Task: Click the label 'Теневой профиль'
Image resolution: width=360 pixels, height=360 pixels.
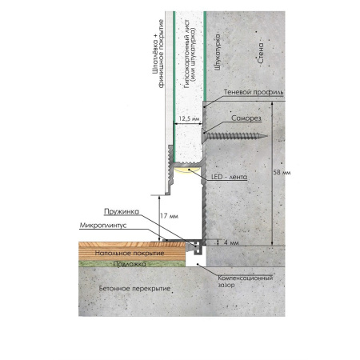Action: point(254,92)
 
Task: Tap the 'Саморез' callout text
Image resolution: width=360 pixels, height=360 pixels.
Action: point(246,118)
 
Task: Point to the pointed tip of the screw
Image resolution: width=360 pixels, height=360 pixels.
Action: point(266,136)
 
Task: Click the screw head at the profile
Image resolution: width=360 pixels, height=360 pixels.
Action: point(204,136)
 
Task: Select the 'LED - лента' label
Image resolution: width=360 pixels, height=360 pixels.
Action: point(229,177)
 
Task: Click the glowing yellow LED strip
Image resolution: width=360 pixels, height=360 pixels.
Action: point(187,170)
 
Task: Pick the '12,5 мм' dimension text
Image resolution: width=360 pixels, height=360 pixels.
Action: point(189,118)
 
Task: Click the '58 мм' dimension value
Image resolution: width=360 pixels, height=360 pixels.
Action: point(282,173)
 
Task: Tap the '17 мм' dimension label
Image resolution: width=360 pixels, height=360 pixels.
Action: point(169,216)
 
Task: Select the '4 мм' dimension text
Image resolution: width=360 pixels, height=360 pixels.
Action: point(231,242)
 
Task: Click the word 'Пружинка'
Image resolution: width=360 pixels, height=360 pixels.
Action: point(122,212)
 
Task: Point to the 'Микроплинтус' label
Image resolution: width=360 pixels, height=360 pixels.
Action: point(103,226)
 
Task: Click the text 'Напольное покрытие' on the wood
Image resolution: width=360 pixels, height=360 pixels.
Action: point(130,253)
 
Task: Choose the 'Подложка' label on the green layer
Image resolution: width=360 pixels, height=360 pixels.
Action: point(130,264)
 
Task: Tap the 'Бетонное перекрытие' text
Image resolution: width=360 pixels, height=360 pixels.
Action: point(134,289)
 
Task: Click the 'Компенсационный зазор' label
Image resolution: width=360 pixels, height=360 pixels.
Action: point(245,282)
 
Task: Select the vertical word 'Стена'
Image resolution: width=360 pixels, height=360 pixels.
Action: point(261,53)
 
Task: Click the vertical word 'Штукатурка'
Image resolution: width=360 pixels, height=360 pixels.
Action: point(218,52)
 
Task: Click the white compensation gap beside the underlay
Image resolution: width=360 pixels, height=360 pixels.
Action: point(196,261)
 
